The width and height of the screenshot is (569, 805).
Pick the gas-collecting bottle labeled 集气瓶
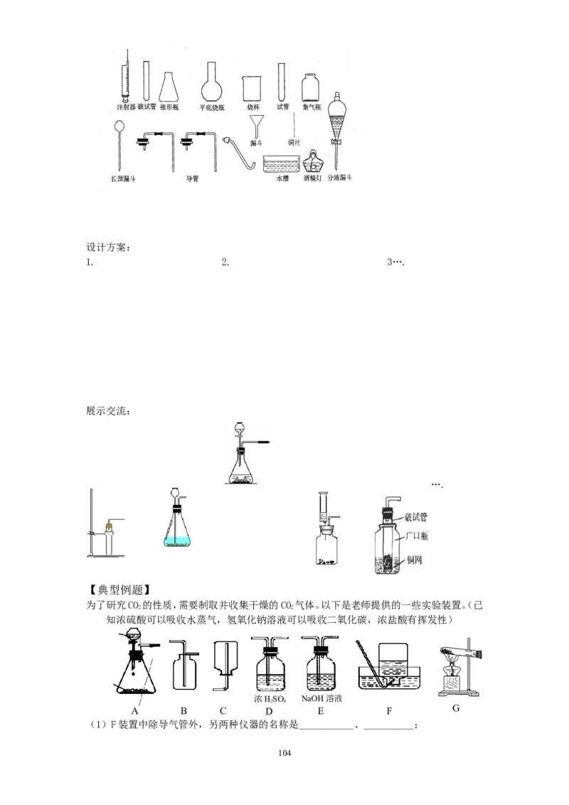311,88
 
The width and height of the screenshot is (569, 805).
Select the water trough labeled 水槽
280,164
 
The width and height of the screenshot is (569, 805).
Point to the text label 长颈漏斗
123,178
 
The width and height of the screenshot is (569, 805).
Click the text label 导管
191,178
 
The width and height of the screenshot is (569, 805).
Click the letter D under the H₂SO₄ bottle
268,710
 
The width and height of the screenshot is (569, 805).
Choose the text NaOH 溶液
321,699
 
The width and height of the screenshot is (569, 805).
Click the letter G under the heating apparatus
456,708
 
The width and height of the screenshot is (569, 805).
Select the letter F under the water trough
388,710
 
